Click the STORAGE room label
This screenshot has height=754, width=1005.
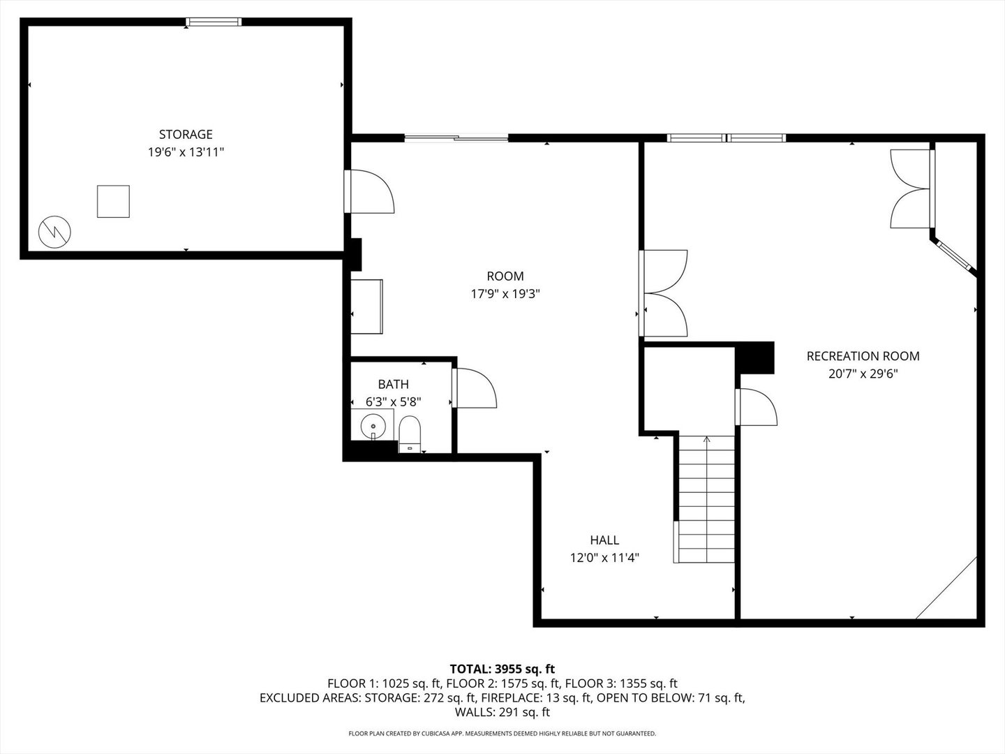click(186, 134)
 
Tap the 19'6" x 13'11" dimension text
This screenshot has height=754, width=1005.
click(186, 152)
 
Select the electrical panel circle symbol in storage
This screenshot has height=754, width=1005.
click(54, 232)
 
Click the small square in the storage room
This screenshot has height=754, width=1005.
click(113, 202)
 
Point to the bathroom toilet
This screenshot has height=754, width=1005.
click(409, 434)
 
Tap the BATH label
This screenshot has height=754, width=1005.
click(394, 384)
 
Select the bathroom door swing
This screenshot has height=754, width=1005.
click(475, 387)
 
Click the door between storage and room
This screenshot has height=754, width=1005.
click(369, 191)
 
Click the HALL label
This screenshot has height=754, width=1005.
click(604, 540)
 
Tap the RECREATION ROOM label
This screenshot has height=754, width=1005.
click(863, 356)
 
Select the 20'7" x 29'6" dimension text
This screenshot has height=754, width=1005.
click(863, 374)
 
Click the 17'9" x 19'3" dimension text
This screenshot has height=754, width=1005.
click(505, 294)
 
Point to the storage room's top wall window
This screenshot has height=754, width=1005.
click(214, 22)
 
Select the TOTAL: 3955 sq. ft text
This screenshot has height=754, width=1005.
click(502, 669)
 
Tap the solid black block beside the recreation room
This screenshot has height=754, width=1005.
click(754, 357)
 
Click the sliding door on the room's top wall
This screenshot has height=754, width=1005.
click(456, 138)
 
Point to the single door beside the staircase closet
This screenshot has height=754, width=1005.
click(755, 406)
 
